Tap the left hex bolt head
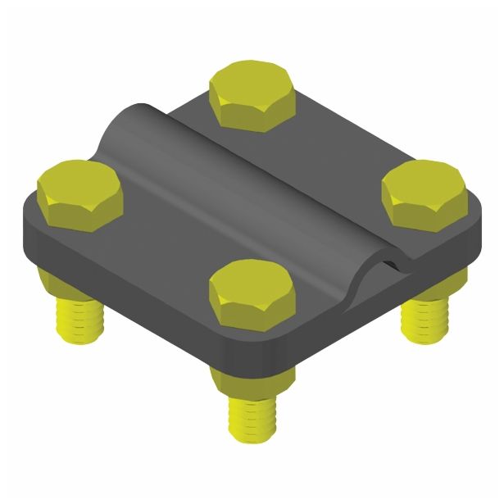(x=79, y=193)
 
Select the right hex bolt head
(x=424, y=195)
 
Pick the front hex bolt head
(x=252, y=293)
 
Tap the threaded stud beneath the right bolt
(x=425, y=315)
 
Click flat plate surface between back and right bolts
(x=344, y=139)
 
